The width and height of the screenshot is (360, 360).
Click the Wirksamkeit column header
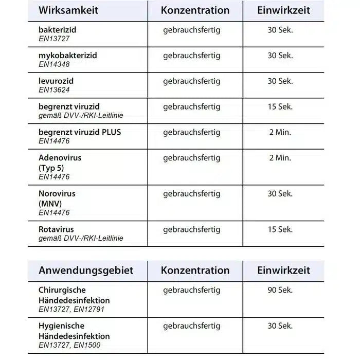tap(68, 10)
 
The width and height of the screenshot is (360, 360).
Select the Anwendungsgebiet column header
tap(85, 270)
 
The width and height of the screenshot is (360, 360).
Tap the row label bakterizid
tap(57, 30)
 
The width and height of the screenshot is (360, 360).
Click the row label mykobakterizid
tap(67, 55)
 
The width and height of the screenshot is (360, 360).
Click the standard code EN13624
tap(54, 89)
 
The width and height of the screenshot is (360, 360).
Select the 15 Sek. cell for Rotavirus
tap(280, 229)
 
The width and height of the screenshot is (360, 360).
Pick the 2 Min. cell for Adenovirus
tap(280, 158)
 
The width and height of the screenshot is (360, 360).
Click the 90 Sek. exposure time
tap(280, 290)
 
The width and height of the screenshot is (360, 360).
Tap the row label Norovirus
tap(57, 194)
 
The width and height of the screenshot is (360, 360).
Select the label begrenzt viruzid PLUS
tap(80, 132)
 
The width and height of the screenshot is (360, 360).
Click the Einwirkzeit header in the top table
tap(284, 10)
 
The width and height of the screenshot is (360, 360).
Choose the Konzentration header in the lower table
tap(195, 270)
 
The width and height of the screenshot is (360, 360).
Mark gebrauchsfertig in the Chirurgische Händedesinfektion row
tap(191, 290)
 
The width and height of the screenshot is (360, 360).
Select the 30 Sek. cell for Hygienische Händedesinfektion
tap(280, 326)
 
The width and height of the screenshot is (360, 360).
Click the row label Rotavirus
tap(56, 229)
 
